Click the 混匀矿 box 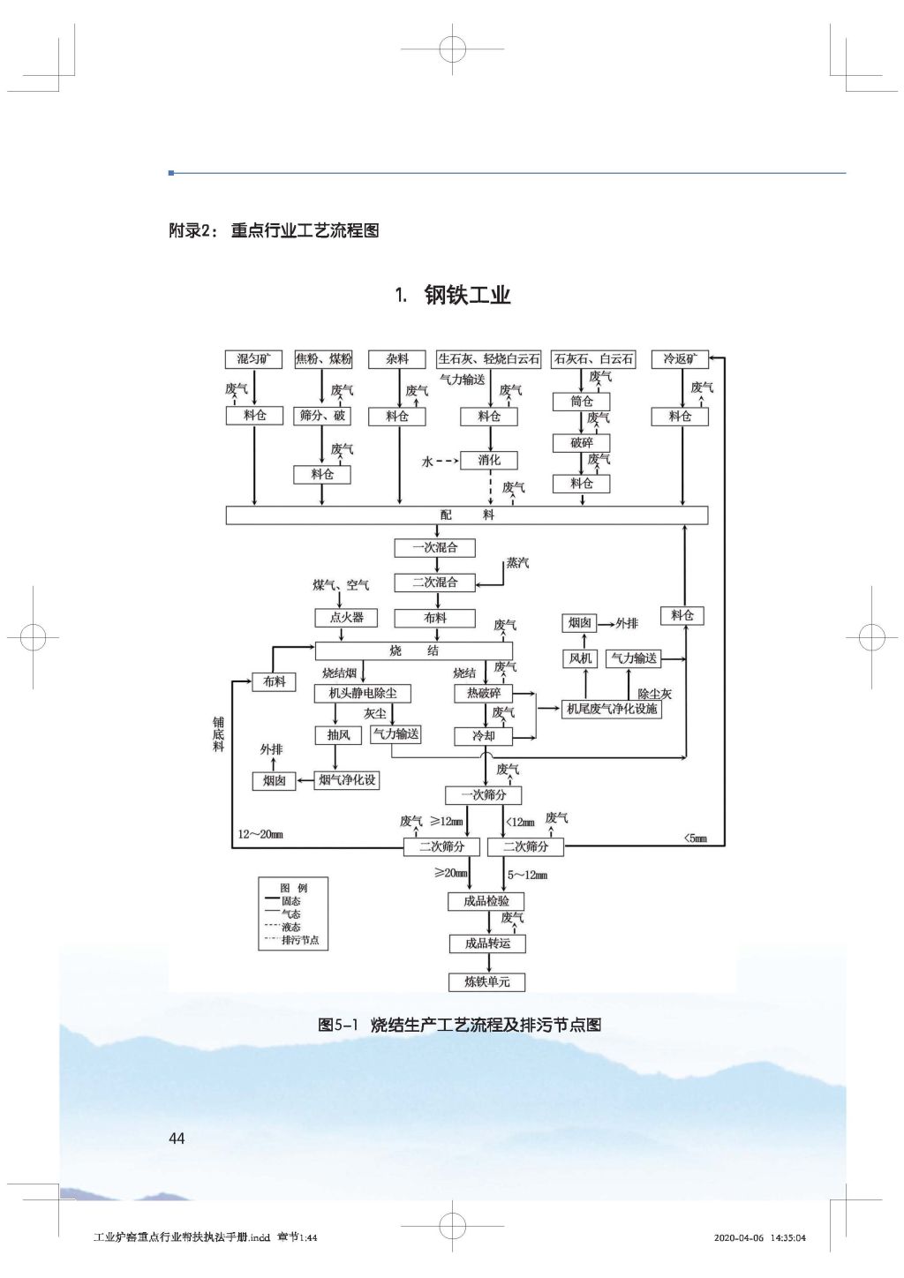(x=254, y=359)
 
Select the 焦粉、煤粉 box (x=322, y=359)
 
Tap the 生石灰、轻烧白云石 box (x=489, y=359)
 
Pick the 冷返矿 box (x=680, y=359)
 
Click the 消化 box (x=489, y=460)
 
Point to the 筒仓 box (x=582, y=402)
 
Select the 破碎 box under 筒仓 (x=582, y=443)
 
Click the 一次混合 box (x=435, y=548)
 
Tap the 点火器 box (x=347, y=618)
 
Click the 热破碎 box (x=483, y=694)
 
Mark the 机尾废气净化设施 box (x=612, y=709)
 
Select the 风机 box (x=581, y=658)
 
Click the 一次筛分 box (x=483, y=795)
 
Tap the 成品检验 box (x=486, y=901)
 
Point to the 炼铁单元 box (x=486, y=981)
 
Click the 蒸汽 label (x=517, y=563)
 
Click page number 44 (x=177, y=1139)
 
